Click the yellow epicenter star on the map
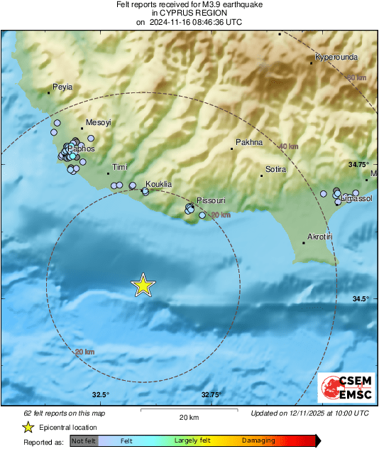(143, 285)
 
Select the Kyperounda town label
(336, 57)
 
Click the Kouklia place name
(158, 184)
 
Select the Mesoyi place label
(99, 123)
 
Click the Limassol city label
(357, 198)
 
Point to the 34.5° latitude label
(359, 298)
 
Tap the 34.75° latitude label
(359, 164)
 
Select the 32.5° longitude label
(99, 395)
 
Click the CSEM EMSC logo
(342, 386)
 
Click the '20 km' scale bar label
(188, 417)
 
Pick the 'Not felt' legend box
(83, 440)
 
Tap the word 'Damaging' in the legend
(258, 440)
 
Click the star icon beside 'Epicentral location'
(28, 428)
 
